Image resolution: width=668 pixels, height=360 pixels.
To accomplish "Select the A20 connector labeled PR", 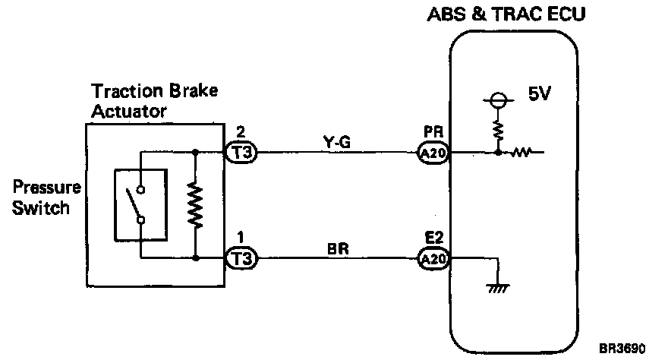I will coord(434,153).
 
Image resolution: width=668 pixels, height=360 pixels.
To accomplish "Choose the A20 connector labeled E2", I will coord(434,259).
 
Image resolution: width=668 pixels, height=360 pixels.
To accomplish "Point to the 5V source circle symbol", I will coord(496,99).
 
